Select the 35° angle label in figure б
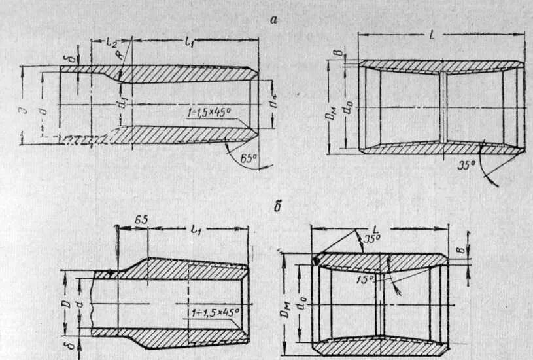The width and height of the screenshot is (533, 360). pos(372,240)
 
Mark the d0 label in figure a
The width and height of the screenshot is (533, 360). pos(351,107)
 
